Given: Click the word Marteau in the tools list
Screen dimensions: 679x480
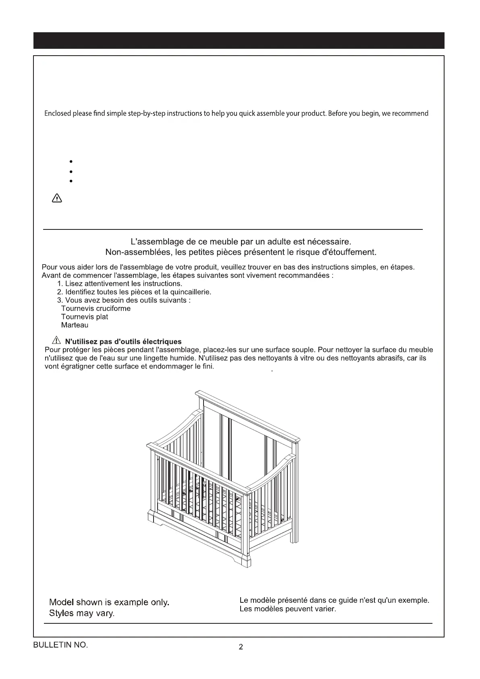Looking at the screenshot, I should coord(75,325).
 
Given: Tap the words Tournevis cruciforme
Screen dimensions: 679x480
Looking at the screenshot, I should coord(96,308).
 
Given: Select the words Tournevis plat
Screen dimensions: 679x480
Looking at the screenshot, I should coord(85,317).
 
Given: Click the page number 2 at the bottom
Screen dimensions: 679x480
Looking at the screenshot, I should coord(241,648).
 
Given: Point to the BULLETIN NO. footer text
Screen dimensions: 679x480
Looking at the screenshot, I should coord(60,645).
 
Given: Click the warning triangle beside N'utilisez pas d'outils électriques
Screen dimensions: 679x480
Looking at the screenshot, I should coord(56,341).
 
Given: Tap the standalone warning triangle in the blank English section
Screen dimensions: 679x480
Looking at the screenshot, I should coord(57,198).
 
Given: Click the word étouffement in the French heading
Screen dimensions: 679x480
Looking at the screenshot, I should coord(349,252).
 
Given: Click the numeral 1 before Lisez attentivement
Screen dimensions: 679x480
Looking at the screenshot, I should coord(60,283).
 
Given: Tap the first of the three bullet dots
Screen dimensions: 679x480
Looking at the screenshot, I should coord(71,162).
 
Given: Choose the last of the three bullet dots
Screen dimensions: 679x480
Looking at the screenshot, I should coord(71,181).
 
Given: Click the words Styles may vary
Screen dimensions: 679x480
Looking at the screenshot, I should coord(82,613).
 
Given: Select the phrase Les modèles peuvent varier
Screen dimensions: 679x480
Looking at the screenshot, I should coord(288,609).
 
